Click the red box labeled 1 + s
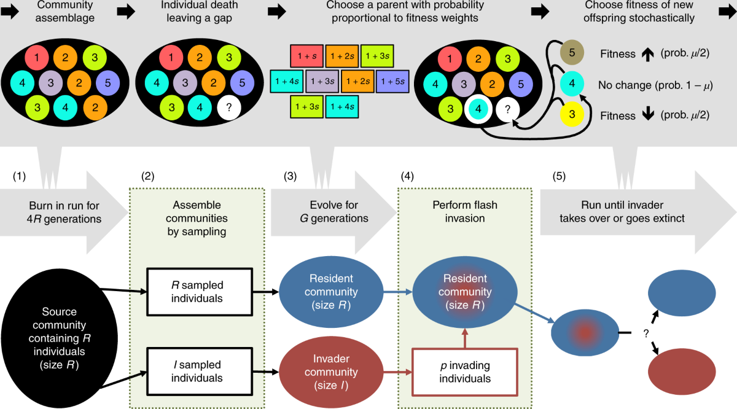303,56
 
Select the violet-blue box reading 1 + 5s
393,80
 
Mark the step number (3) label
290,176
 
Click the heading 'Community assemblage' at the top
56,12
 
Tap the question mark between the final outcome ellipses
646,333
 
